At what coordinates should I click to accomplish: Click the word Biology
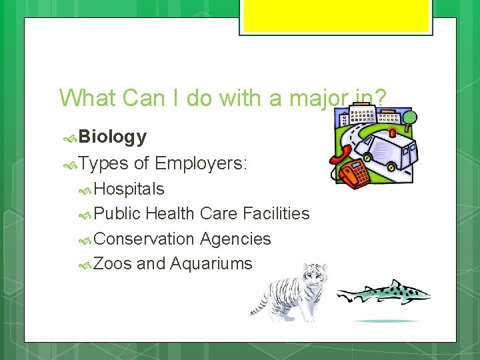point(113,137)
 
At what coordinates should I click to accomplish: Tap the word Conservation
point(144,239)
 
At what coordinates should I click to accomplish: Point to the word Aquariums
point(211,264)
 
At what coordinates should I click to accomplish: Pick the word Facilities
point(276,214)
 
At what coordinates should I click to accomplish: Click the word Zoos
point(113,264)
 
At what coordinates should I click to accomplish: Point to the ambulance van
point(385,149)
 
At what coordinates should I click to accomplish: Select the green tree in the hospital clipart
point(410,117)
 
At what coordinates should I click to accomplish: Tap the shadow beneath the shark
point(387,321)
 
